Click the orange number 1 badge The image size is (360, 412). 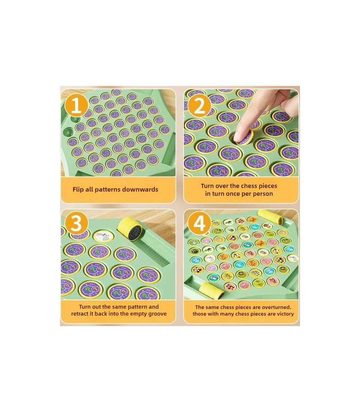click(76, 106)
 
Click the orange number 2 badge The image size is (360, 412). click(199, 106)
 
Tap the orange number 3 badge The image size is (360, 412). click(76, 224)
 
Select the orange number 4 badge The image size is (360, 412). click(199, 224)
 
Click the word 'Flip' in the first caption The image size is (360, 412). click(78, 189)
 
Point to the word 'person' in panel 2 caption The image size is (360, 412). click(263, 194)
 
